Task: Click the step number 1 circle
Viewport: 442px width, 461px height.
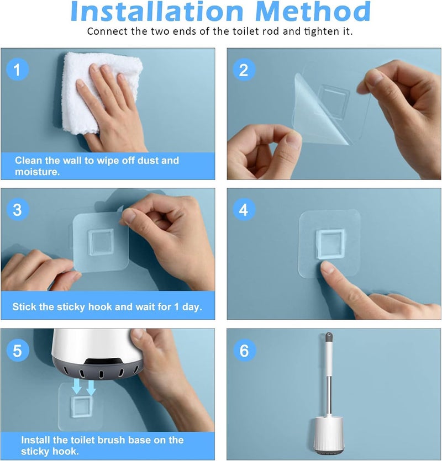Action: [x=17, y=70]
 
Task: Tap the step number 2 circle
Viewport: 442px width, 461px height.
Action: [x=244, y=70]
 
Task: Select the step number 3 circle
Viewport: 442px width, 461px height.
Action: [x=17, y=210]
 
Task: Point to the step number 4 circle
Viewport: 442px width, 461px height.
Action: [x=244, y=210]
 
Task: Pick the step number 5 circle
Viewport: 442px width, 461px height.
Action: [x=17, y=350]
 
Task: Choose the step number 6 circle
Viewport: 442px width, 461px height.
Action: [x=244, y=350]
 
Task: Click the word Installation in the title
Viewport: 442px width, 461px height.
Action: [x=157, y=12]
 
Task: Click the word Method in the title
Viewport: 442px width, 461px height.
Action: [x=313, y=12]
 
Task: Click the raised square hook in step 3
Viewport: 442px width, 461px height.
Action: [x=101, y=242]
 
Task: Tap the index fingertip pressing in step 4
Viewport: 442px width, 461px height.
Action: [x=325, y=266]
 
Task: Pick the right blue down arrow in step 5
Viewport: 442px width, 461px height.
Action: [x=91, y=388]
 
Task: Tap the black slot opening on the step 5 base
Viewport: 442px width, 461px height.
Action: [x=103, y=361]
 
